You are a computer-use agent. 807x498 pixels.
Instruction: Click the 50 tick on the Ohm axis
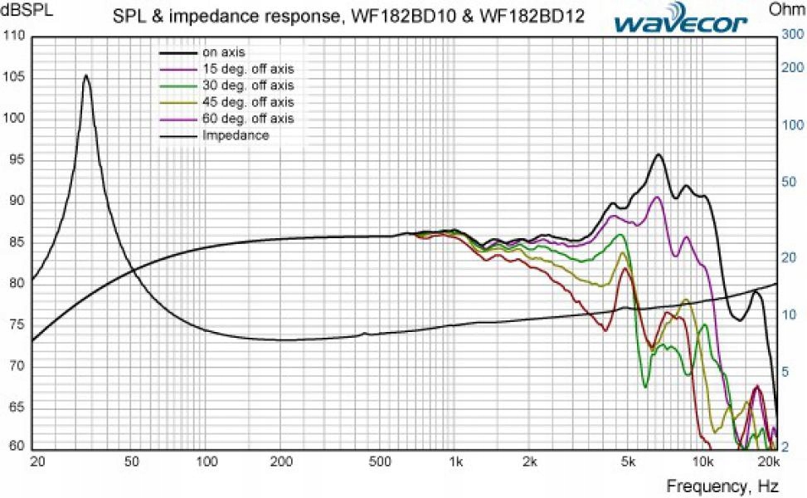pos(790,182)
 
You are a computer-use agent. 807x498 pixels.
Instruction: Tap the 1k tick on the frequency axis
pos(454,461)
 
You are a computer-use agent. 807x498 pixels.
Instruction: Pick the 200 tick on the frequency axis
pos(281,461)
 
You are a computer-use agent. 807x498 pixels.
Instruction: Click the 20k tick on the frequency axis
pos(769,461)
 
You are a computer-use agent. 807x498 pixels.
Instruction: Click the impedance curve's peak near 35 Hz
pos(85,76)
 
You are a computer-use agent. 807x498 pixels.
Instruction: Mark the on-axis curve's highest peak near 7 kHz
pos(659,154)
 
